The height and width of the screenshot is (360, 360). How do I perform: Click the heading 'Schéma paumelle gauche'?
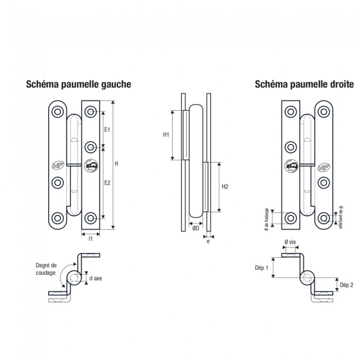click(78, 85)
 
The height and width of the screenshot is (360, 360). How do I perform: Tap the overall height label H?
click(117, 163)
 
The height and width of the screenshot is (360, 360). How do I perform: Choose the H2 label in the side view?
click(225, 187)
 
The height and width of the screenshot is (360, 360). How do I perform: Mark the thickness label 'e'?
click(208, 241)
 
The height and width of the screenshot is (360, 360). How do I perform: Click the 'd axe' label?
click(95, 277)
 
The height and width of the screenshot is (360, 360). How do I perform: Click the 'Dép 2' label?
click(346, 285)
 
